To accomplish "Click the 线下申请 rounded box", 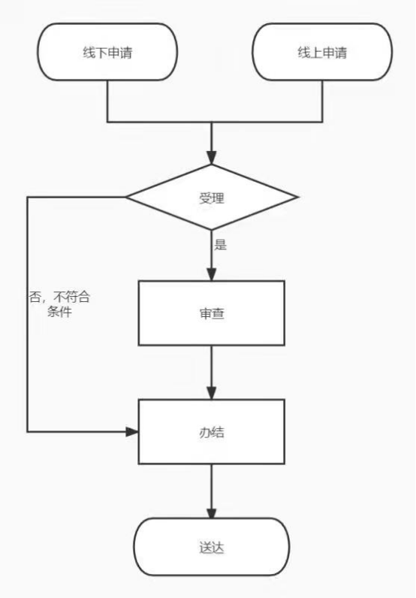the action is coord(107,52).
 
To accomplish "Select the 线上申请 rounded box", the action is coord(322,52).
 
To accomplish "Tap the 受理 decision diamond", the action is coord(212,197).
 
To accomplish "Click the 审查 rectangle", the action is coord(212,313).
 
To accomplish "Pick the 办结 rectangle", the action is coord(212,432).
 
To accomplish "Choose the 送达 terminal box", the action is coord(212,547).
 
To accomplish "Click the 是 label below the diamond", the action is coord(221,244).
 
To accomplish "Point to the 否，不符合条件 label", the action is coord(59,304).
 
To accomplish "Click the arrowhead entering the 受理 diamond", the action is coord(212,158).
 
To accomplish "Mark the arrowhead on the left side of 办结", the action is coord(132,432).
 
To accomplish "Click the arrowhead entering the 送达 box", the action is coord(212,512).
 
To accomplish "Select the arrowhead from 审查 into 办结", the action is coord(212,393).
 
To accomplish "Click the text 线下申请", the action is coord(107,53).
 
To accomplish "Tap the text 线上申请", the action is coord(323,53).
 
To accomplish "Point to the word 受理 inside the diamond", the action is coord(212,198).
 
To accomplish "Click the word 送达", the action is coord(212,548).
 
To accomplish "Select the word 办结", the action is coord(212,433).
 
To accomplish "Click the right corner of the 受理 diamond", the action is coord(297,197).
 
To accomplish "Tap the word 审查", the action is coord(212,313).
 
